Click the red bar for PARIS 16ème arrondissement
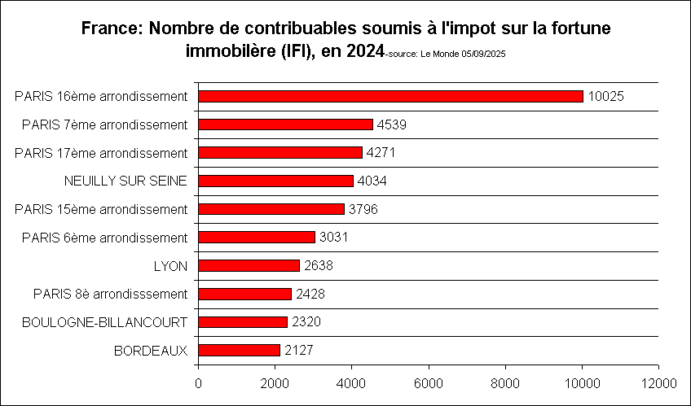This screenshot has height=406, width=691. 391,96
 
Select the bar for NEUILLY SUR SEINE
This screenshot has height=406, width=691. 276,181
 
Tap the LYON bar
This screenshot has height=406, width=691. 249,265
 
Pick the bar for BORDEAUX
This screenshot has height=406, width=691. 240,350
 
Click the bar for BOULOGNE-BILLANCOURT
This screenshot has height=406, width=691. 243,321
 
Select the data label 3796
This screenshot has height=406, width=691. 363,209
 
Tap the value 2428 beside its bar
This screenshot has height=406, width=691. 309,294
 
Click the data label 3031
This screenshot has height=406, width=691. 332,238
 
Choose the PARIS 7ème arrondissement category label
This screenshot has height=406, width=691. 105,124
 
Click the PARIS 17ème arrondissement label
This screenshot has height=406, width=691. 102,153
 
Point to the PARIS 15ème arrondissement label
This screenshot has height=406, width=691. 102,209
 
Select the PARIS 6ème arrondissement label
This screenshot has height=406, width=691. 105,238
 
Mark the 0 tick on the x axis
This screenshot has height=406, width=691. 199,381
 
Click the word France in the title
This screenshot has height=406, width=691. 110,28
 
